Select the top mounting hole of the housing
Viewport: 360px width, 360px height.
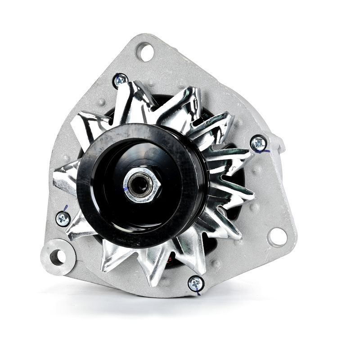145,52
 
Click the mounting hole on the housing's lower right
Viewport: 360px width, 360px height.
277,237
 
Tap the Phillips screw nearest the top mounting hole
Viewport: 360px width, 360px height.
120,81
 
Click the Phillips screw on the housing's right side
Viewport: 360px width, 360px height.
258,143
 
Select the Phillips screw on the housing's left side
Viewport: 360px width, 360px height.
63,219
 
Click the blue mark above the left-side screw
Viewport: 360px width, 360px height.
66,208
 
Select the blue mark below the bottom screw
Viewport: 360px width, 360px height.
198,293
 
